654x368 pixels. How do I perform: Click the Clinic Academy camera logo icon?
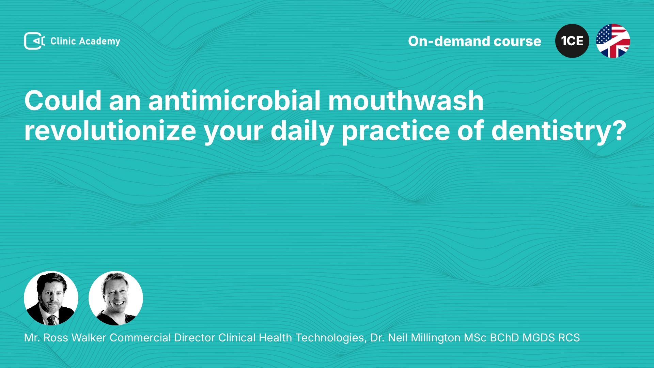point(34,41)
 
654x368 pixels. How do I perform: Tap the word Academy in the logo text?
point(99,42)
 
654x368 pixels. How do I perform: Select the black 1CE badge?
point(572,41)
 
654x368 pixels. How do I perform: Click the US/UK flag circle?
point(613,41)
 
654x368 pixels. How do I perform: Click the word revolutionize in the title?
point(110,131)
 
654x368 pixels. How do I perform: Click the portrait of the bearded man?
point(51,298)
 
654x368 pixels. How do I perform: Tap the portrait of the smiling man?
point(116,298)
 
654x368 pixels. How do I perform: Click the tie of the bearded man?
point(51,320)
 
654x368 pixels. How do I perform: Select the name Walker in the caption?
point(89,338)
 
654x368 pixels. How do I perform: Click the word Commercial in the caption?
point(140,338)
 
